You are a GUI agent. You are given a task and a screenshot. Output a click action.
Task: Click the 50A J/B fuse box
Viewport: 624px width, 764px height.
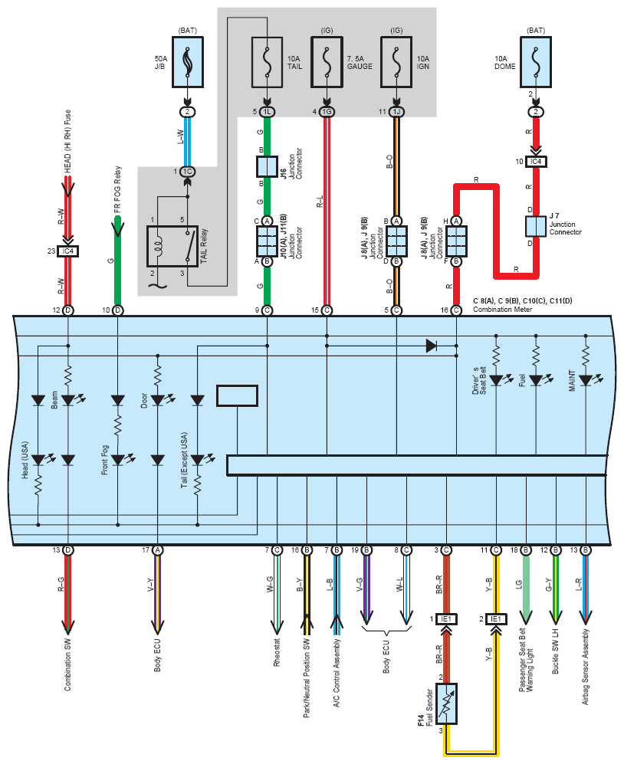(x=188, y=62)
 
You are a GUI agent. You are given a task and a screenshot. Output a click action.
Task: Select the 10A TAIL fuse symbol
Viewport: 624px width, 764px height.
(x=267, y=62)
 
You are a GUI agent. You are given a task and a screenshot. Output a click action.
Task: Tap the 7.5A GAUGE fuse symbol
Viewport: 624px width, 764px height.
(x=327, y=62)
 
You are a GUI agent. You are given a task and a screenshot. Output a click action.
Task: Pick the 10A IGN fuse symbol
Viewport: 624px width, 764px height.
(x=396, y=62)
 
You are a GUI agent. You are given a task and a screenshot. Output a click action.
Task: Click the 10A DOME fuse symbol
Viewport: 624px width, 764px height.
(x=536, y=62)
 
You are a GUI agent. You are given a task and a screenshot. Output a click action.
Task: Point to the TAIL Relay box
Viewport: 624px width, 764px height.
(x=172, y=246)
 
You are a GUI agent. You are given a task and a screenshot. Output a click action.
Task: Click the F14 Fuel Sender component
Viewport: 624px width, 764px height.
(x=446, y=703)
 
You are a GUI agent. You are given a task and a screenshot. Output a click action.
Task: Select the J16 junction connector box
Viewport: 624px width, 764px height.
(x=267, y=166)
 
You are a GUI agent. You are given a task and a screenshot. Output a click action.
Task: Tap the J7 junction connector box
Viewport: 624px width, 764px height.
(x=536, y=227)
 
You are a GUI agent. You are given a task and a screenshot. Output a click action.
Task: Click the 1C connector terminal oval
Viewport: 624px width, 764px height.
(x=188, y=172)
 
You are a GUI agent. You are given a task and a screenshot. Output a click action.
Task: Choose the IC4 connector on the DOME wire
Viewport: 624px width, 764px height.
(x=536, y=161)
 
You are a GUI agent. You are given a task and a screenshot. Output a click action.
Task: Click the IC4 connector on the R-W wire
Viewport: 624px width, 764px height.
(x=67, y=251)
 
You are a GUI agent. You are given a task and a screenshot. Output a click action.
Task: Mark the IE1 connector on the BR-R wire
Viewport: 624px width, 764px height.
(x=446, y=619)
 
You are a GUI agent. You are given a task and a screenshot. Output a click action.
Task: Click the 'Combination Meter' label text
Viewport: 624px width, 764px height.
(x=502, y=310)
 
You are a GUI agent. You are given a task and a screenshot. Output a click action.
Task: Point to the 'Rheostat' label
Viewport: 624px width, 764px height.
(x=277, y=652)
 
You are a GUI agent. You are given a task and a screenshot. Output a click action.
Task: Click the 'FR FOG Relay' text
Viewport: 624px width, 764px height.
(x=117, y=189)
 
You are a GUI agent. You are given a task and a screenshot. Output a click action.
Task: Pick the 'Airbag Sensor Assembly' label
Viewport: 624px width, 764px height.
(x=586, y=667)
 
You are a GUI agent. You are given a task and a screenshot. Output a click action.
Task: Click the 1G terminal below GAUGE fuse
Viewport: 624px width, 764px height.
(x=327, y=112)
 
